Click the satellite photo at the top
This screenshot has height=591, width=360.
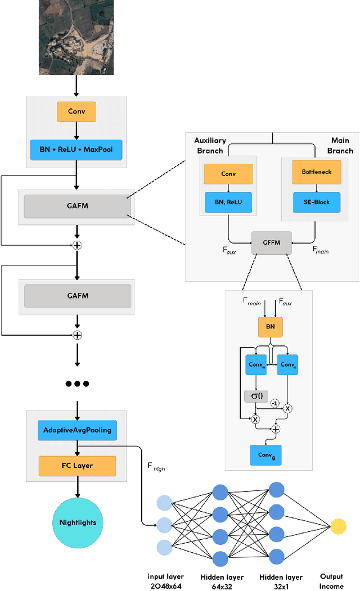76,37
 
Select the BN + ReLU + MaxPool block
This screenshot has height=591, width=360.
75,150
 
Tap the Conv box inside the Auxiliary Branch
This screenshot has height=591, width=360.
228,174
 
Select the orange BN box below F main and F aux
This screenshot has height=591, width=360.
270,327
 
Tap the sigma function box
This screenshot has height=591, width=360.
256,395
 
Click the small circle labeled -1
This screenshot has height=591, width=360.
275,403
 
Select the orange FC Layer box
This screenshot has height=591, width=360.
77,466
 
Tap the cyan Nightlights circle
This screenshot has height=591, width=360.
78,522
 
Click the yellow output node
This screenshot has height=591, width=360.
338,526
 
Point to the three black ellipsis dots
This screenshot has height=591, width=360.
78,384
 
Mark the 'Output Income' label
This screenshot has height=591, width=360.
331,581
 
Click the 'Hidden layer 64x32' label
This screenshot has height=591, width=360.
221,581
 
